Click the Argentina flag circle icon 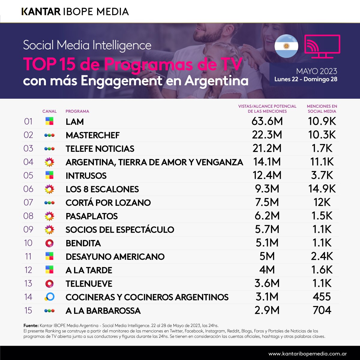286,46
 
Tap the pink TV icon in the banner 322,46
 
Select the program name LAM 75,122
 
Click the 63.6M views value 267,121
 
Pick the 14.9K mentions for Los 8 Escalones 322,189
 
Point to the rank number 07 28,202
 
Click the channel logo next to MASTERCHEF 49,135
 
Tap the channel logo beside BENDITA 49,243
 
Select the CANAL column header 49,111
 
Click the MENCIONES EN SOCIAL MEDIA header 322,109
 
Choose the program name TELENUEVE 89,284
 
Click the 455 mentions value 322,297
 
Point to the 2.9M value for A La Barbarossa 267,310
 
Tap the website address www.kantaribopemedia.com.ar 308,353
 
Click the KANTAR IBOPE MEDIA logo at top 75,12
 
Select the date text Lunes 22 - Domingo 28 305,79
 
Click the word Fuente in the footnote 31,325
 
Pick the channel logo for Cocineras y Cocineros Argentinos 49,297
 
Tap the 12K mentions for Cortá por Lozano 322,202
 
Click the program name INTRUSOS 86,176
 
